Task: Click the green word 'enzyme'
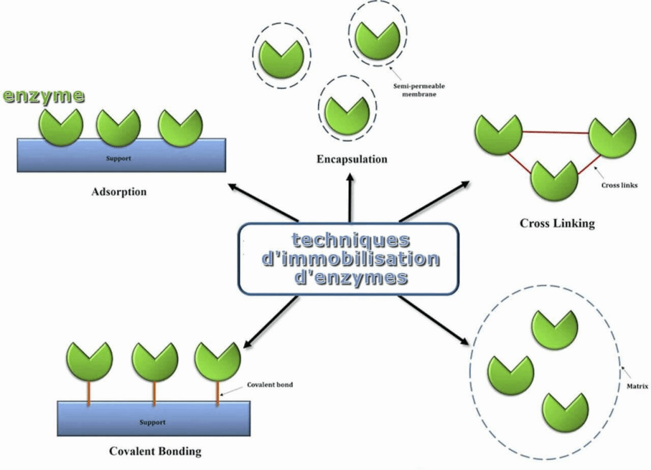coord(43,97)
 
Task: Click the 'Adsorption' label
coord(118,191)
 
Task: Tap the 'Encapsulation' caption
coord(352,159)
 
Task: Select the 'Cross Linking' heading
coord(557,223)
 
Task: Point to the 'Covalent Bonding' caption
coord(155,451)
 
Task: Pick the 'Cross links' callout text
coord(619,185)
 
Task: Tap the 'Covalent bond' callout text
coord(270,384)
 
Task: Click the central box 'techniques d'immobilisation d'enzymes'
coord(349,258)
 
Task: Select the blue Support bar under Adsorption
coord(121,158)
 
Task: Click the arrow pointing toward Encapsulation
coord(350,197)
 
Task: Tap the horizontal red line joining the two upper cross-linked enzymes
coord(555,132)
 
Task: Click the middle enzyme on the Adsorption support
coord(118,127)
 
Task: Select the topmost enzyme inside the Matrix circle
coord(554,330)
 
